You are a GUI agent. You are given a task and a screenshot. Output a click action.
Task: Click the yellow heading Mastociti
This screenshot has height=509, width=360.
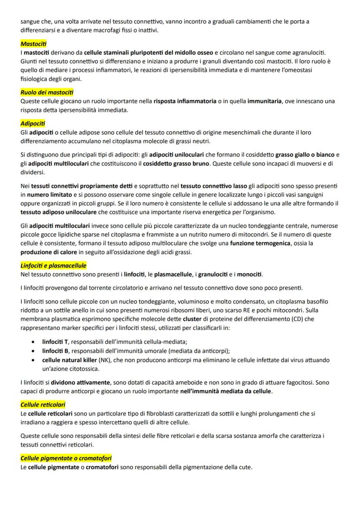(33, 44)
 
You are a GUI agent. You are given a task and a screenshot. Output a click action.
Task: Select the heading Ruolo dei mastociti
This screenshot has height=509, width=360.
(47, 92)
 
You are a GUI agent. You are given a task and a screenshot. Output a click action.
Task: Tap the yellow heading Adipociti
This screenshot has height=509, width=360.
(33, 123)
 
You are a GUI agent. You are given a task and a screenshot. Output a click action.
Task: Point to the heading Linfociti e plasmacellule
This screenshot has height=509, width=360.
(53, 265)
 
